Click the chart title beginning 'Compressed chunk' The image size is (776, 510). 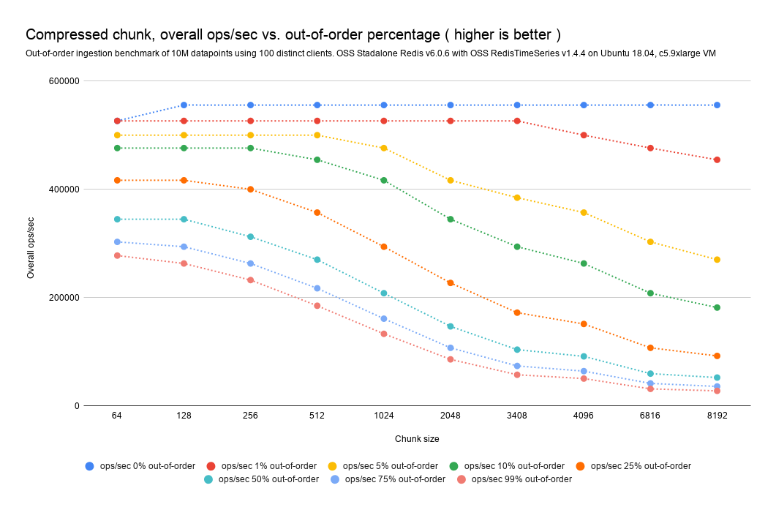[293, 35]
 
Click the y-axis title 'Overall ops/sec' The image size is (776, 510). [30, 248]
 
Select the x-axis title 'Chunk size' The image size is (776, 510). [417, 438]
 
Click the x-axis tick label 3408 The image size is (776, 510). [516, 416]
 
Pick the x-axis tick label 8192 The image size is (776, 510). [717, 416]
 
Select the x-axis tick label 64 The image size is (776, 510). [117, 416]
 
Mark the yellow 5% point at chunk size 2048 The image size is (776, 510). [451, 180]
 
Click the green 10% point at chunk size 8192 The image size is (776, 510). [717, 307]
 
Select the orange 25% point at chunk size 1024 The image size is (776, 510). [384, 247]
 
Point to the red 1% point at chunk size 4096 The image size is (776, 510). [584, 135]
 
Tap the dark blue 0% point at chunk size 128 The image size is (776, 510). [184, 105]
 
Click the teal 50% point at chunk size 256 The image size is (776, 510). [251, 237]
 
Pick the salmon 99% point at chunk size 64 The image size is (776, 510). [117, 255]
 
